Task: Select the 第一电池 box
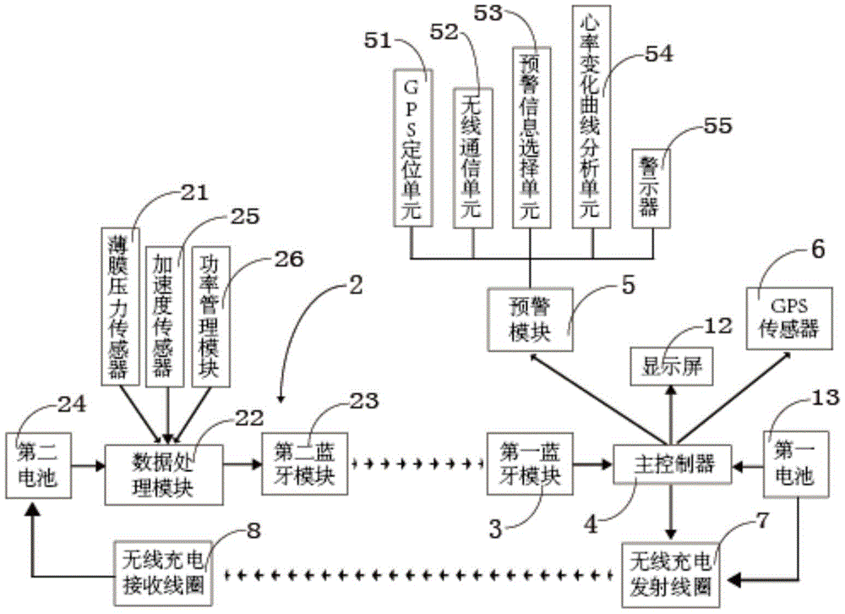(x=792, y=464)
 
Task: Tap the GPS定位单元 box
(x=413, y=148)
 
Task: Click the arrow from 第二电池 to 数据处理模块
(x=88, y=464)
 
